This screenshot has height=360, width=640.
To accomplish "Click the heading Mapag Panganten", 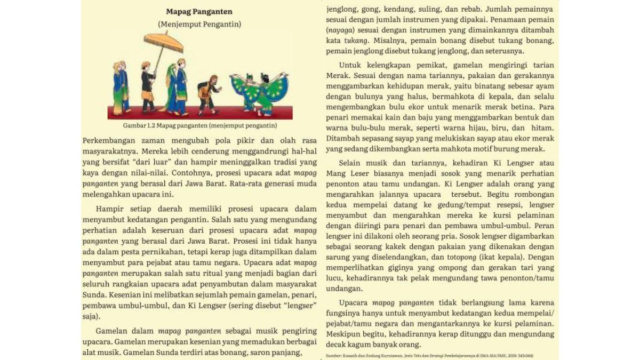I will [x=199, y=11].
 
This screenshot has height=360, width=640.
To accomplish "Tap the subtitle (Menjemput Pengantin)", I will [x=199, y=24].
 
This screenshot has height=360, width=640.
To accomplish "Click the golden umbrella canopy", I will [x=163, y=39].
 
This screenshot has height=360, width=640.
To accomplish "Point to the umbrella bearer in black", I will [x=148, y=85].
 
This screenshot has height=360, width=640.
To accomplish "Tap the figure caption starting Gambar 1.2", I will [x=199, y=126].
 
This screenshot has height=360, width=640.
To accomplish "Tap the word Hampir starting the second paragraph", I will [x=109, y=209].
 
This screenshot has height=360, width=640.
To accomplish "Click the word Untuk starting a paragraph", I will [x=350, y=66].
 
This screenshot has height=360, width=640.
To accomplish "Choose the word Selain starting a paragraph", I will [x=352, y=163].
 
